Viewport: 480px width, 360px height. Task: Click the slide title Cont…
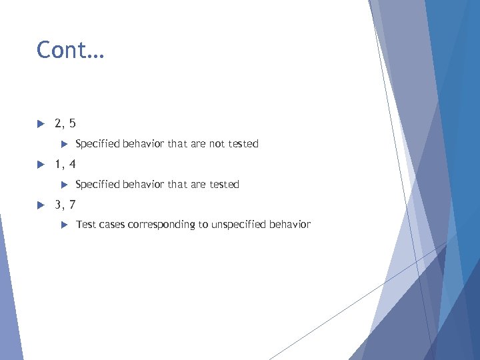click(x=70, y=50)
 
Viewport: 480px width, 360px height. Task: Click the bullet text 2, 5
click(x=65, y=123)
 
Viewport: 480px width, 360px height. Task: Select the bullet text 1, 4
click(x=65, y=164)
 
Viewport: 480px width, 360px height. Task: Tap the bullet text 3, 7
click(x=65, y=205)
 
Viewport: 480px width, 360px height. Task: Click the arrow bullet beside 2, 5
click(x=40, y=123)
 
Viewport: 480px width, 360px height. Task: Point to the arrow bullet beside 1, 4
click(x=40, y=164)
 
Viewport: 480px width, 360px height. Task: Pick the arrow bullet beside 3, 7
click(x=40, y=205)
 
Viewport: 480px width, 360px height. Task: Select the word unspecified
click(x=239, y=225)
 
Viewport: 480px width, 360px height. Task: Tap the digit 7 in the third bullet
click(x=72, y=205)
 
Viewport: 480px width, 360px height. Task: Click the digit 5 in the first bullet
click(x=72, y=123)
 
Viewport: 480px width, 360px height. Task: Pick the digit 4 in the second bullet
click(x=72, y=164)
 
